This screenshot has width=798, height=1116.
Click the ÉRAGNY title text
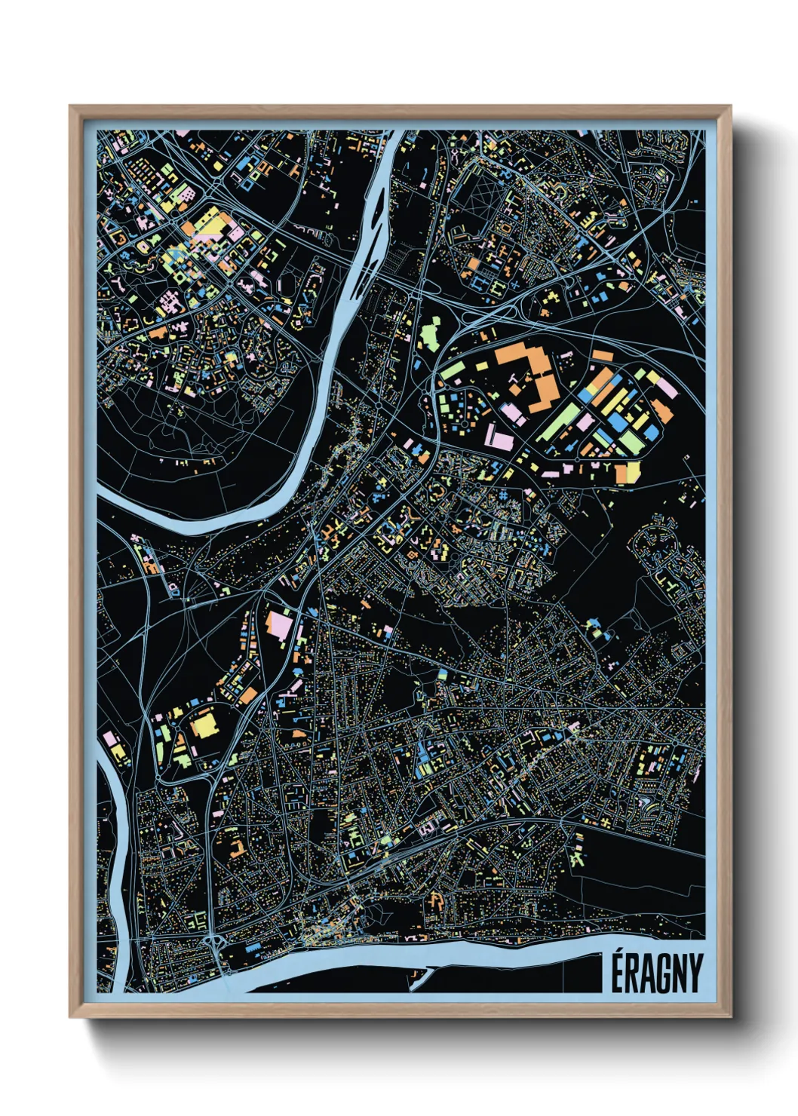coord(655,973)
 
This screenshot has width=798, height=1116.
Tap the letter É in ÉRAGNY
coord(617,973)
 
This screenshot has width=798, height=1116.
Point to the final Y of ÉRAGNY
coord(694,974)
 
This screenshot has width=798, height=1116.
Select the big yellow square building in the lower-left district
coord(203,726)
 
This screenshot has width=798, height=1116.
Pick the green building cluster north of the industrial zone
coord(429,333)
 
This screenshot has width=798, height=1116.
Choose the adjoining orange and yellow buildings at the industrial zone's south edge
coord(628,472)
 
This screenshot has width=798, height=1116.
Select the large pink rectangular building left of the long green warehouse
coord(499,437)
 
